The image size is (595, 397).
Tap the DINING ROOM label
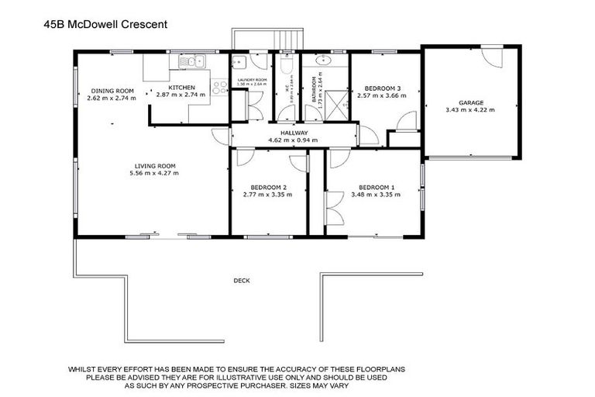pos(112,90)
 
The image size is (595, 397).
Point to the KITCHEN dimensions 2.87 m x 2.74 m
pos(181,95)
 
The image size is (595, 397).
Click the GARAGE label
pos(470,102)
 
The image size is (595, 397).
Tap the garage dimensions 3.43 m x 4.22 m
pos(470,110)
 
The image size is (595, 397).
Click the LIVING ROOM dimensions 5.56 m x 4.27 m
pos(155,173)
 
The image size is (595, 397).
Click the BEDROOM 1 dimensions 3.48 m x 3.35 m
pos(375,195)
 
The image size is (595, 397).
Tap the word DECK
pos(242,281)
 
